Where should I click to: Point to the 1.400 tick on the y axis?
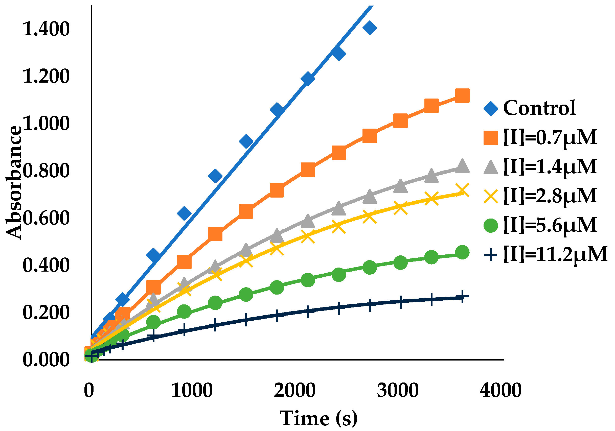pos(46,29)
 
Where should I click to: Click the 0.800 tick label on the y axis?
pos(46,171)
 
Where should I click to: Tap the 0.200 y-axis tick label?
pos(46,313)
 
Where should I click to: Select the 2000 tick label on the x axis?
pos(294,390)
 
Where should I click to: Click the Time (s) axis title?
pos(318,418)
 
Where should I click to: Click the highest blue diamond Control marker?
pos(370,28)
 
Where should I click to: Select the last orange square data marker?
pos(462,95)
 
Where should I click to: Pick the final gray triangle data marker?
pos(462,166)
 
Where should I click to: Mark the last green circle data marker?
pos(462,252)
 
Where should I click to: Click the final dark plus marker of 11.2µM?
pos(462,297)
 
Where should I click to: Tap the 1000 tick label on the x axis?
pos(192,390)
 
